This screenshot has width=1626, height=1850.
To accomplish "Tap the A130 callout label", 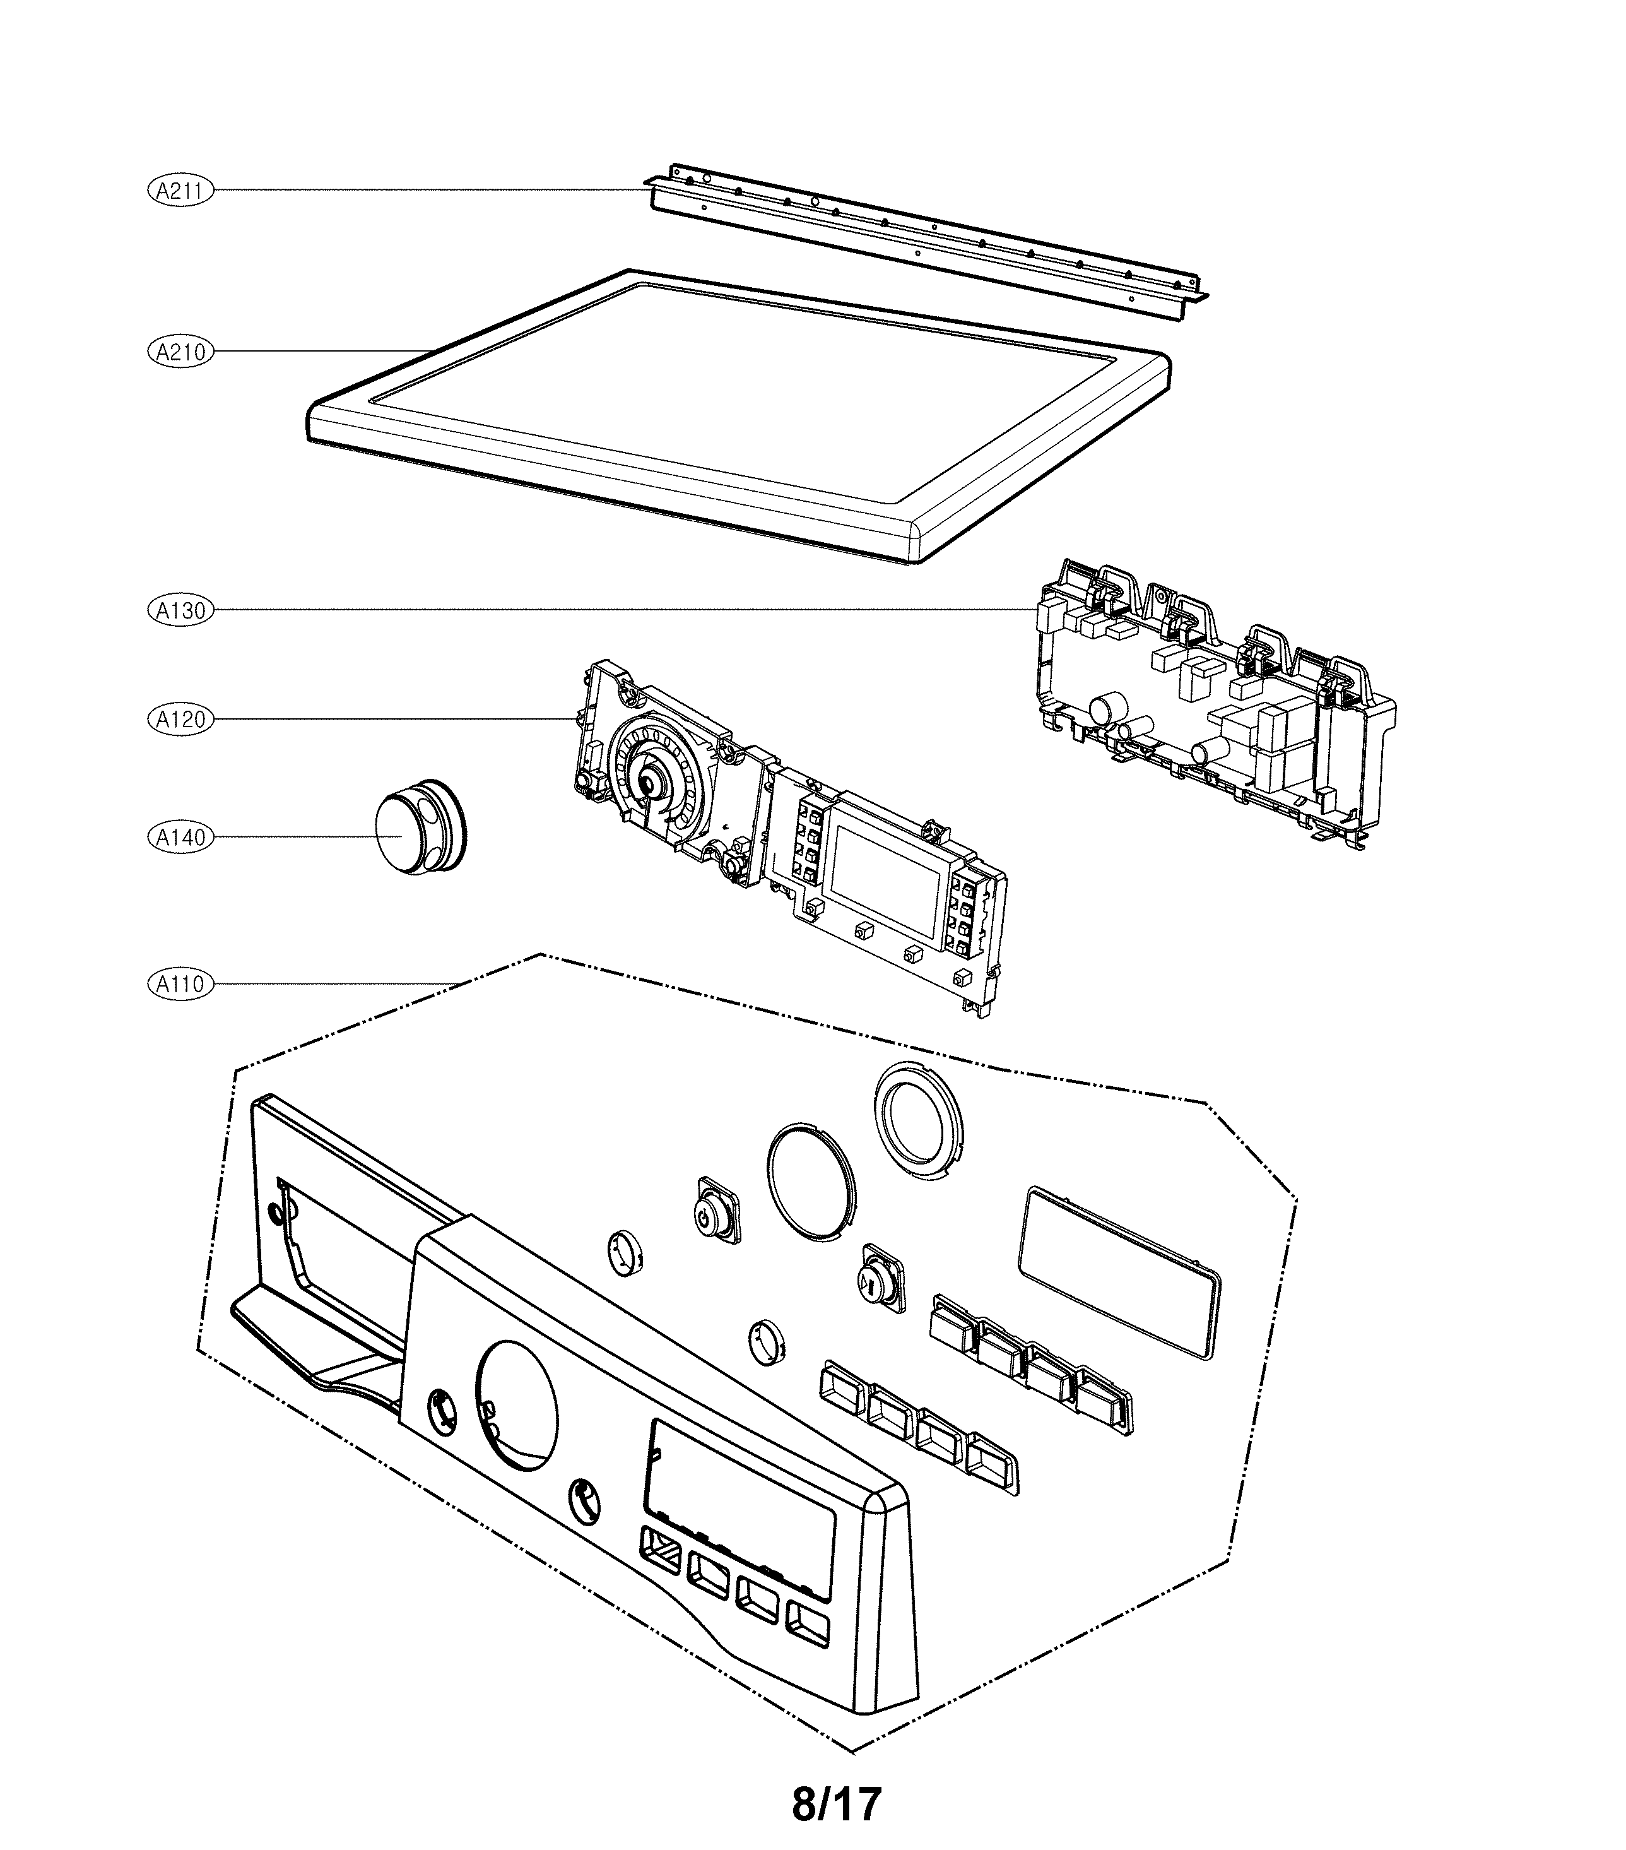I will pos(180,610).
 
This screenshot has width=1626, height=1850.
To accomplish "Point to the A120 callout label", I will pos(180,720).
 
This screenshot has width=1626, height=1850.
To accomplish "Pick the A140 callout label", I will pos(180,837).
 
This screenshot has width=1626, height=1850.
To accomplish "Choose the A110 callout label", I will pos(180,983).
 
